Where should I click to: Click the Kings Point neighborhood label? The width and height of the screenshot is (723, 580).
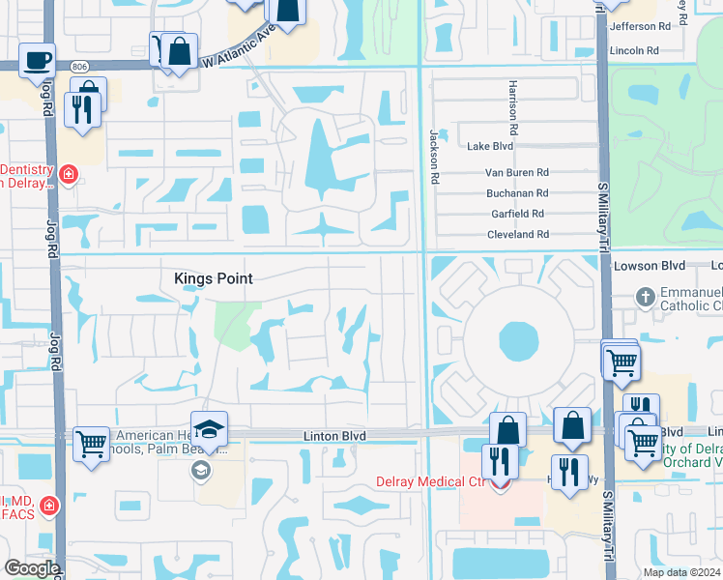(213, 278)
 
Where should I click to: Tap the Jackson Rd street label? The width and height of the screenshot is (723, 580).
(435, 157)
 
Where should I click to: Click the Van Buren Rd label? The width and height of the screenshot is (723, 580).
(516, 173)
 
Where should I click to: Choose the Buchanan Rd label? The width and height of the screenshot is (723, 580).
(517, 193)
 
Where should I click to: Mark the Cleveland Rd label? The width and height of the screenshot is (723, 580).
(517, 234)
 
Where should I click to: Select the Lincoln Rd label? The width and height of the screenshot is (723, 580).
(634, 50)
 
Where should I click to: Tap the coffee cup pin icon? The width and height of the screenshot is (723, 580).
(37, 60)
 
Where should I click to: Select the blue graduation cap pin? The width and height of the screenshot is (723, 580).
(209, 429)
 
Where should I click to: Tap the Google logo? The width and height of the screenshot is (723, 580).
(31, 568)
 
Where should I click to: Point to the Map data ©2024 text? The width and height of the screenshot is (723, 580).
(680, 572)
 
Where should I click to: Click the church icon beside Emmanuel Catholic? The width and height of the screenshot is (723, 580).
(646, 298)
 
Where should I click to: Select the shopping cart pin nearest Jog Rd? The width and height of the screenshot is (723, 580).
(91, 445)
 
